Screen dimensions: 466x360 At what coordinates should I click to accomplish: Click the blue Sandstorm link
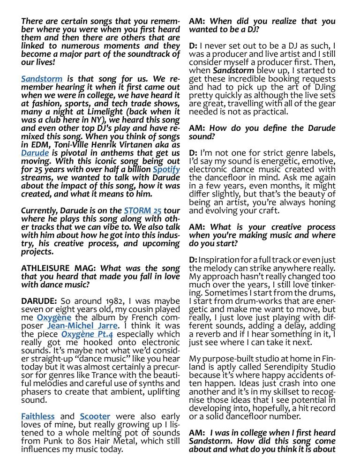(41, 79)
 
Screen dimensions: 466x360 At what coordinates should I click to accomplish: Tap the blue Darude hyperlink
(35, 153)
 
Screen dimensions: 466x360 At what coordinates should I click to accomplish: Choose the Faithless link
(37, 416)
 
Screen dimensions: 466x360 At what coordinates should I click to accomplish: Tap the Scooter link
(95, 416)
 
